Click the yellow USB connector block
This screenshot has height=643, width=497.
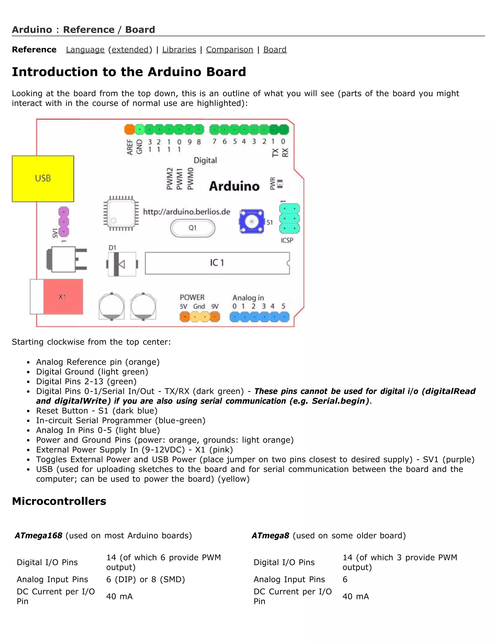43,178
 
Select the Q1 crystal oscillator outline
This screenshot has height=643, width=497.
192,228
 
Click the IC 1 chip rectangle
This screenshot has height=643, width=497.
217,263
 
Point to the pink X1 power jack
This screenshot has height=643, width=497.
63,297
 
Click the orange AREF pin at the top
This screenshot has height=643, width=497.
129,129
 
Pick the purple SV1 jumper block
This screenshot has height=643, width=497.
64,221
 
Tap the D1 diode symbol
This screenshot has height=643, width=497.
122,264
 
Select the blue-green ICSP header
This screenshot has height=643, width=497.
290,218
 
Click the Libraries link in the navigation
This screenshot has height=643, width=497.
179,49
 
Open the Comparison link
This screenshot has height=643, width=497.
229,49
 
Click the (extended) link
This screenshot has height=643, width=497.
130,49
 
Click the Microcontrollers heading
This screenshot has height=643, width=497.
59,501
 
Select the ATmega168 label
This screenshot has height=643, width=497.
39,535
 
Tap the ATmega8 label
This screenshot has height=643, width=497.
270,535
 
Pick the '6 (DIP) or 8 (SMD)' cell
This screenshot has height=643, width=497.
145,579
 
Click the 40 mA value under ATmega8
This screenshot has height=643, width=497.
355,596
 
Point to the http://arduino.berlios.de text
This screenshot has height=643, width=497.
186,212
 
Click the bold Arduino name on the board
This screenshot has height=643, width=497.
234,186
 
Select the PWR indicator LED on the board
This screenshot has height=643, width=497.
280,184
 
